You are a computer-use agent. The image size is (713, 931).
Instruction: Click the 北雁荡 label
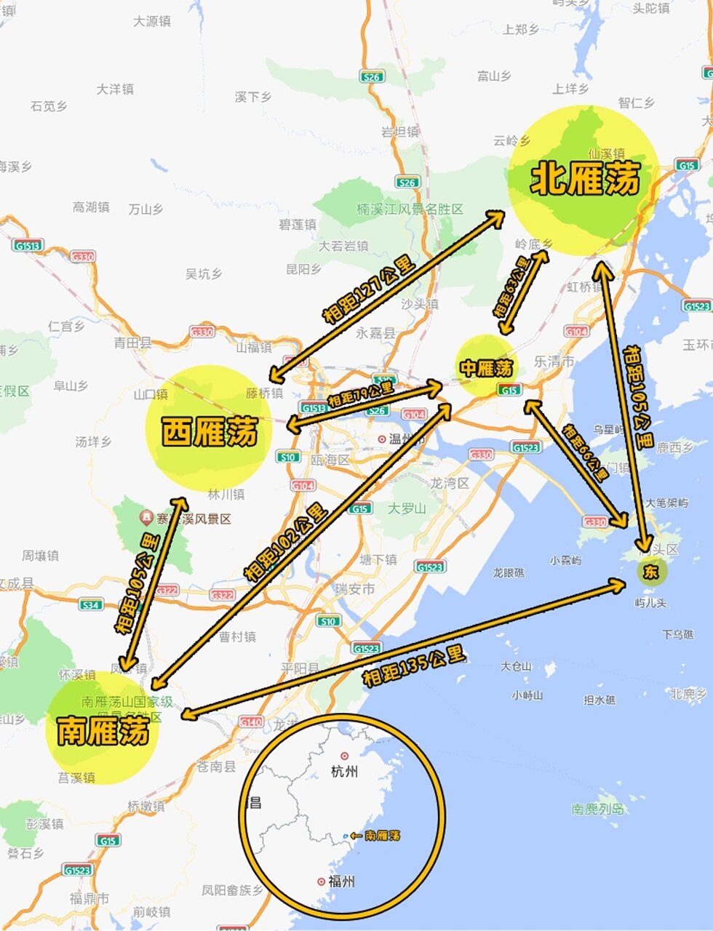coord(586,179)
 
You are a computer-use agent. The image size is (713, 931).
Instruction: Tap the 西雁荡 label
coord(210,432)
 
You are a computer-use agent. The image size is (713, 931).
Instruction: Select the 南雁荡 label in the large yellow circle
coord(103,730)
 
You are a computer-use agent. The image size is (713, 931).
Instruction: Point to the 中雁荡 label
coord(485,369)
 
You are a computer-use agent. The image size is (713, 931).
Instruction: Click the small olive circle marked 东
coord(650,572)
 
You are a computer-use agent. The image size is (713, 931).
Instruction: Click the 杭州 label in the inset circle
coord(343,771)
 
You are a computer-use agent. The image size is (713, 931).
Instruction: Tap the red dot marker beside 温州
coord(382,439)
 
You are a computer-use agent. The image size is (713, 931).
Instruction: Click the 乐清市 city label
coord(554,361)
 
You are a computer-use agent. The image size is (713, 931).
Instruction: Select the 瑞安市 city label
coord(354,589)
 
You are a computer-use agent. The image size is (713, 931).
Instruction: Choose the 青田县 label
coord(132,343)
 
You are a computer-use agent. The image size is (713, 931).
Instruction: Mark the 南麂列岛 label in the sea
coord(597,809)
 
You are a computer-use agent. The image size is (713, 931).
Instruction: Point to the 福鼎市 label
coord(89,898)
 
